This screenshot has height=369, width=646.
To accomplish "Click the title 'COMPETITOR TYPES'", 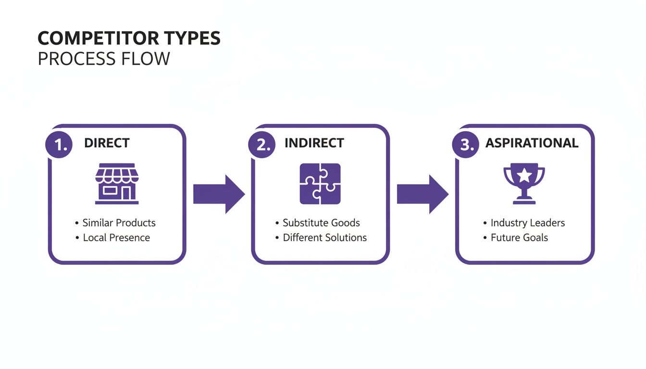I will click(129, 38).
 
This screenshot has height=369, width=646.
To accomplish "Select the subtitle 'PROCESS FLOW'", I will click(104, 59).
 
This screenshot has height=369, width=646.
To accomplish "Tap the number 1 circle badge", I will click(59, 144).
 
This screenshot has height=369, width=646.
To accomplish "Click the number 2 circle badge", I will click(262, 144).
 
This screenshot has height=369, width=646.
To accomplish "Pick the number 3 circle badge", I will click(466, 144).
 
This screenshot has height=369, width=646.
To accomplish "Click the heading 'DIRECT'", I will click(107, 143).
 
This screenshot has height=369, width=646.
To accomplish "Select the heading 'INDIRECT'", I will click(314, 143).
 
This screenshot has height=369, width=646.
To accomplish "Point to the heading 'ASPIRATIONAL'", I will click(532, 143).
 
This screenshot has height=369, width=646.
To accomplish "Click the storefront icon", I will click(117, 184).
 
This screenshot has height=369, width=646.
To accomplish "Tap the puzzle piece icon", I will click(320, 184).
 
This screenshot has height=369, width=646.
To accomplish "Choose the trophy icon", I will click(524, 184).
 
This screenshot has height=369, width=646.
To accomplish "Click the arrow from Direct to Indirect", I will click(219, 194).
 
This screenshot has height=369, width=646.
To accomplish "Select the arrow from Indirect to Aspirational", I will click(422, 194).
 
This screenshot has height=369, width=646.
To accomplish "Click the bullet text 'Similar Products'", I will click(119, 223).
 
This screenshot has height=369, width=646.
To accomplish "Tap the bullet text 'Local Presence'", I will click(116, 237).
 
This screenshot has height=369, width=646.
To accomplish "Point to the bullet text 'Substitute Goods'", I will click(321, 223).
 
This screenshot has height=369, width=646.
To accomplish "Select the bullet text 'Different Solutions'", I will click(324, 237).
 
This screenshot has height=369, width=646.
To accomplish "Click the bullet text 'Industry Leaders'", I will click(527, 223).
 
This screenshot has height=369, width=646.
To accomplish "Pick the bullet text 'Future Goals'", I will click(519, 237).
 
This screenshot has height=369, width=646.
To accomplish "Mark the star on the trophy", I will click(524, 175).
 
